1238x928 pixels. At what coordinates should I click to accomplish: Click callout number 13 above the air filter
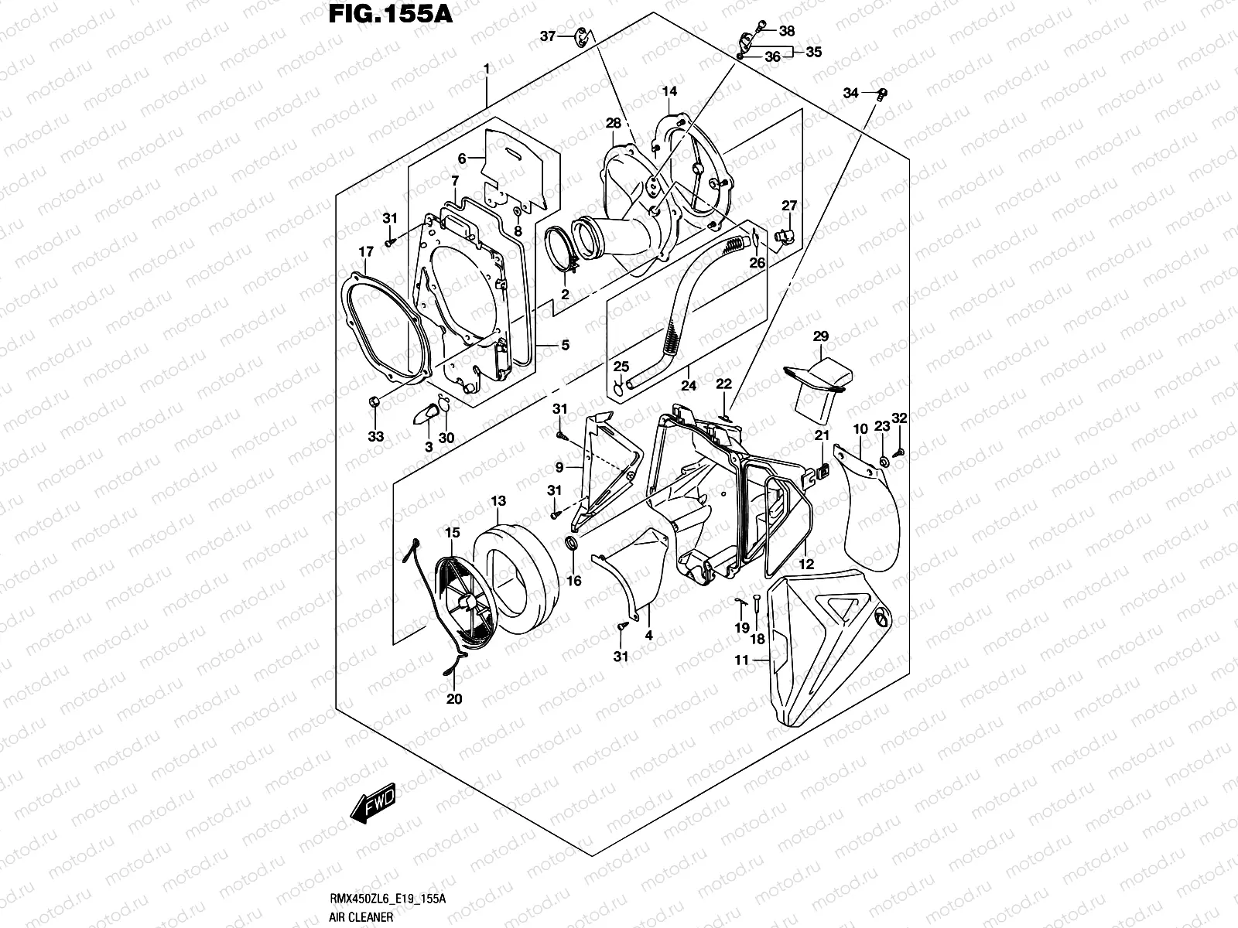(x=498, y=502)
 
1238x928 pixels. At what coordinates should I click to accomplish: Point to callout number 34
(x=851, y=94)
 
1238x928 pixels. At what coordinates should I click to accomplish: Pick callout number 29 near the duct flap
(x=821, y=336)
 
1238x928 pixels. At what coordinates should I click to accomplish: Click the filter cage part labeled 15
(x=464, y=603)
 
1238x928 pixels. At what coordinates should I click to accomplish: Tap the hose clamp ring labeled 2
(x=563, y=247)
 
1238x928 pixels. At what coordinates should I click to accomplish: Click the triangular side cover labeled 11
(x=820, y=650)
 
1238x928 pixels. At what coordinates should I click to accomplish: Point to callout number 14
(x=669, y=92)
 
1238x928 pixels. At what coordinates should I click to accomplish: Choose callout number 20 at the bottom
(x=454, y=699)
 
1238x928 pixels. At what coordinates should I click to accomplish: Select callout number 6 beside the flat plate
(x=462, y=159)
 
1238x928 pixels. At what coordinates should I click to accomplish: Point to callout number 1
(x=487, y=70)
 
